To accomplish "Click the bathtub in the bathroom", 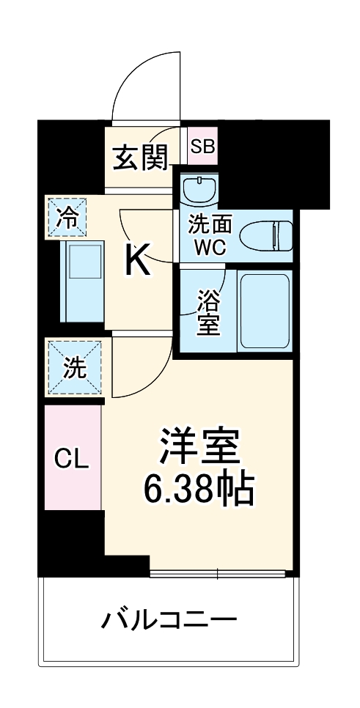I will pyautogui.click(x=265, y=311).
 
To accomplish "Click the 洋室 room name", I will pyautogui.click(x=199, y=444).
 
